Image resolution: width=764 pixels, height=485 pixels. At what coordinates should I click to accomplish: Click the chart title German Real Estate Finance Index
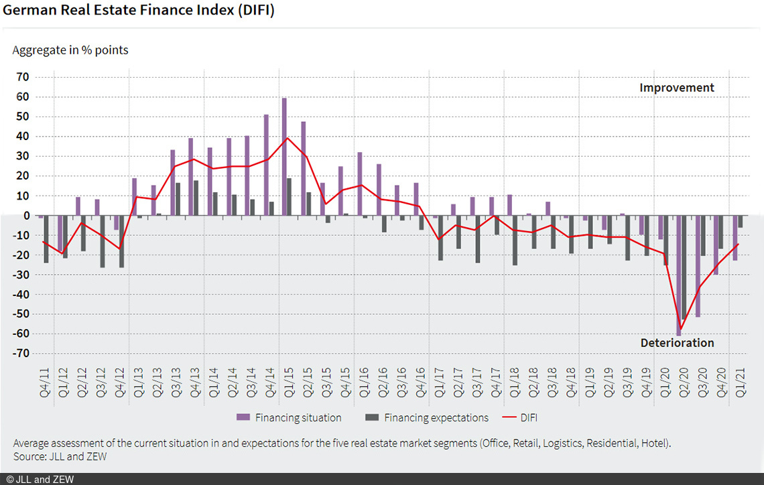(139, 11)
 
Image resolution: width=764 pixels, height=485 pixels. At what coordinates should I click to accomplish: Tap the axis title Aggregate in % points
(70, 50)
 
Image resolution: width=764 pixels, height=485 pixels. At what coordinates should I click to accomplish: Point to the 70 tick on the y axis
(22, 77)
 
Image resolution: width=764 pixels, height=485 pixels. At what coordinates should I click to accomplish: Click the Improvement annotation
(676, 88)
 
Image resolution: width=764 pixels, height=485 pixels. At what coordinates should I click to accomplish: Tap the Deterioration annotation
(677, 343)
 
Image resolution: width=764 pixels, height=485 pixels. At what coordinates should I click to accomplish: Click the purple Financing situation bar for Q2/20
(678, 275)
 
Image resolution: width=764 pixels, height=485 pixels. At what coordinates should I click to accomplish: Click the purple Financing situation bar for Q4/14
(266, 165)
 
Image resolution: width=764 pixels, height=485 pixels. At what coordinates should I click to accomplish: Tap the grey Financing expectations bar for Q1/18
(515, 240)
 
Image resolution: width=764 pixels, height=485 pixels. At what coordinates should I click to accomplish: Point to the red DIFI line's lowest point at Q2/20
(681, 329)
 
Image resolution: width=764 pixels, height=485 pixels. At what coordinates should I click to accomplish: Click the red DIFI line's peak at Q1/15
(287, 138)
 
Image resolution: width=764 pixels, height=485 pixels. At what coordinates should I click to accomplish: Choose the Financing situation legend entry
(289, 417)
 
